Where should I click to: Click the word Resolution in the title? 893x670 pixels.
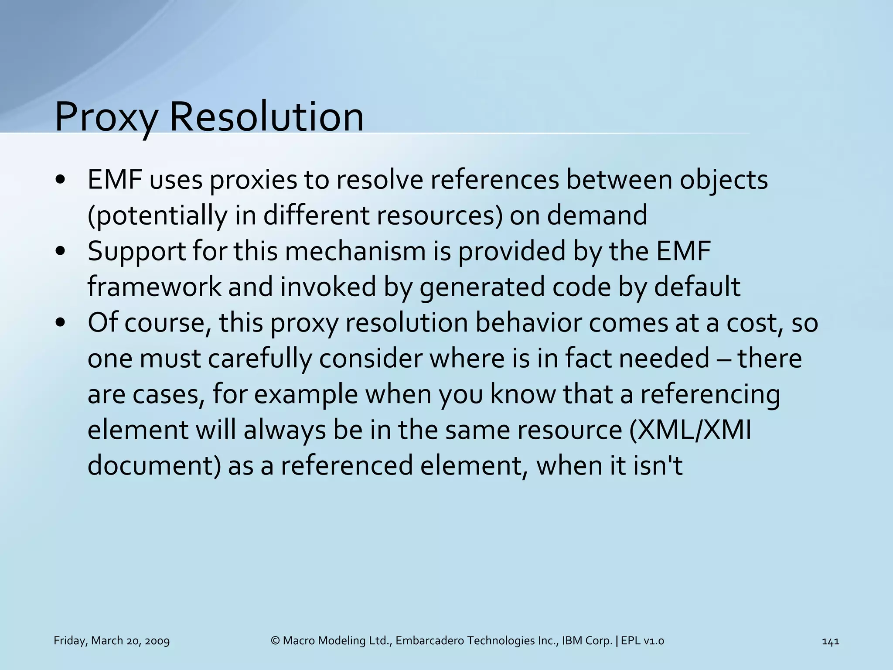click(266, 117)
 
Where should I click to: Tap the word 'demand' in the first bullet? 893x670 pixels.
click(597, 215)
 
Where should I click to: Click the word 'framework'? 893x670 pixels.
click(154, 287)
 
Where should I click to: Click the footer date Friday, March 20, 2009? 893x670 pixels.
click(112, 641)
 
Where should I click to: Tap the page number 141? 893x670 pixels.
click(830, 641)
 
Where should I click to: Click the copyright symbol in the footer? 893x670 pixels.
click(275, 641)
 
